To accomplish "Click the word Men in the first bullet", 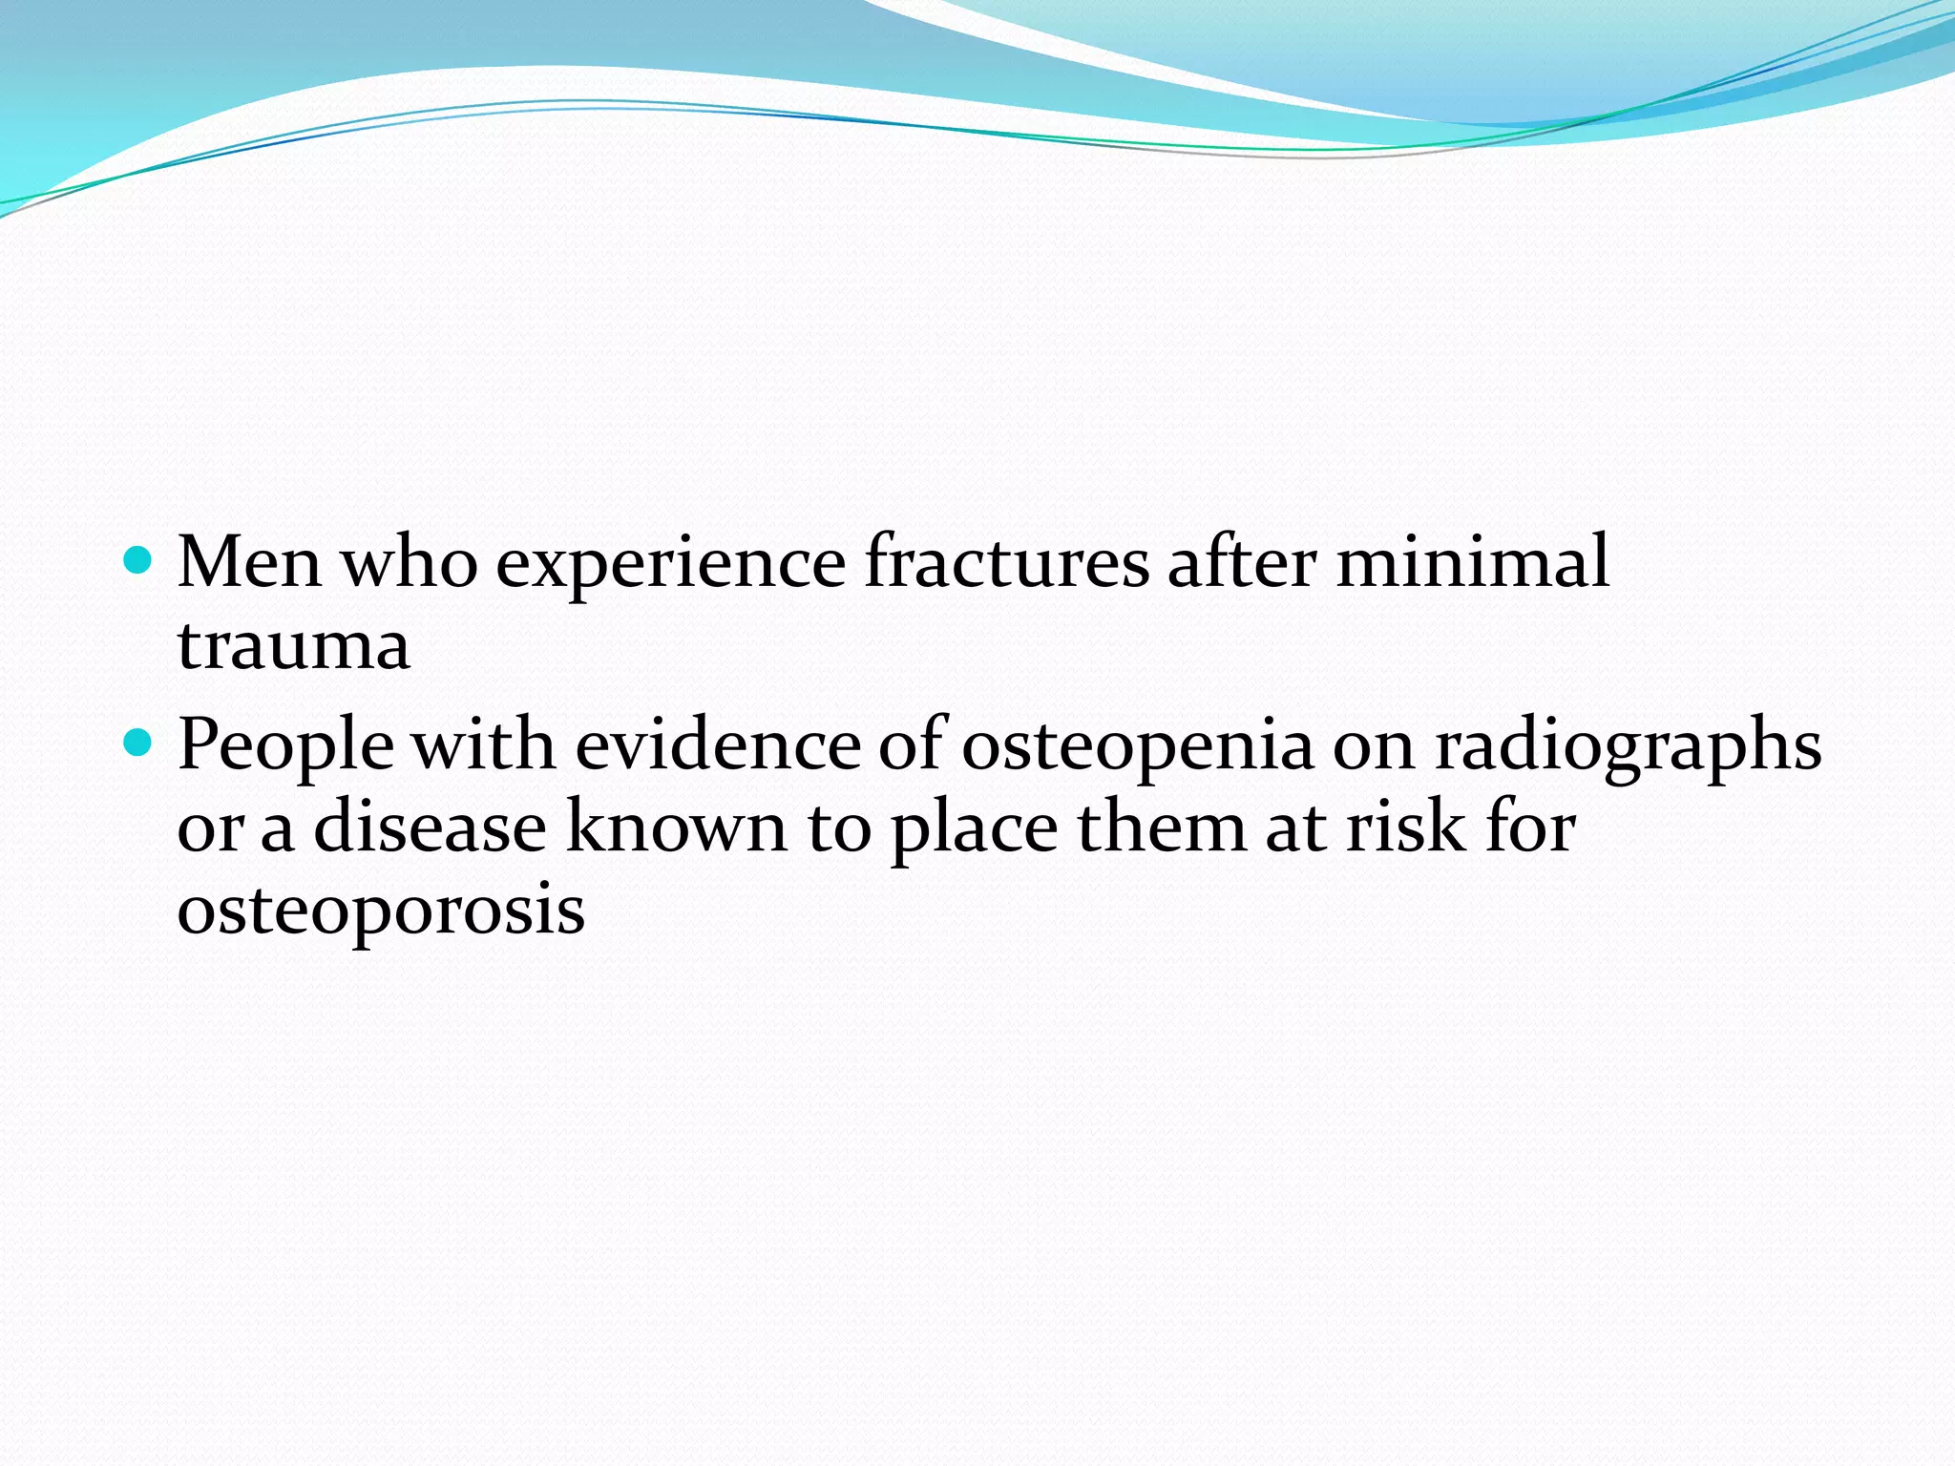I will coord(249,562).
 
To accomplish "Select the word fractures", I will coord(1006,562).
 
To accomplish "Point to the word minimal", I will coord(1472,562).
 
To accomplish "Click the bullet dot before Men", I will coord(138,559).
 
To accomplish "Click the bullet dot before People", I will coord(138,742).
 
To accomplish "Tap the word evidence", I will coord(718,744).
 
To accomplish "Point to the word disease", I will coord(431,827).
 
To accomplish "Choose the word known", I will coord(677,827).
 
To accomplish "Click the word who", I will coord(410,562).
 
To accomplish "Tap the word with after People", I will coord(484,744).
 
